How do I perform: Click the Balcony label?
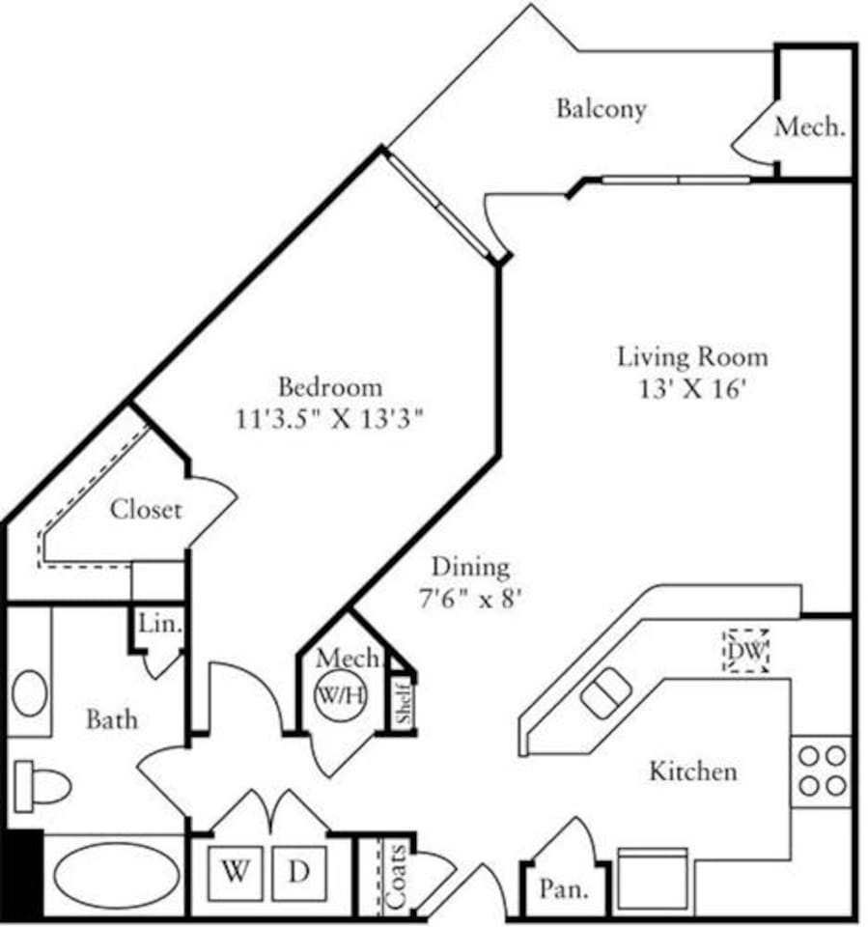600,108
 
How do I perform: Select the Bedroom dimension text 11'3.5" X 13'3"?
329,420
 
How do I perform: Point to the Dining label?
470,567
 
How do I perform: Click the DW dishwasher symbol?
746,652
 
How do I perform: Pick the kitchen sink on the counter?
606,693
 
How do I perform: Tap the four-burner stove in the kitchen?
823,771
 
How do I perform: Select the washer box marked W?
235,873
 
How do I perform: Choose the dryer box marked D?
299,873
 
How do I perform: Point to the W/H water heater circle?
341,694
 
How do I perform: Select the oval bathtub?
115,874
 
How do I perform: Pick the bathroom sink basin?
29,693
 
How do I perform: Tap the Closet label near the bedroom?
146,509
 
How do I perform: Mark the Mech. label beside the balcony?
810,126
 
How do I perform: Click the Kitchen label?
692,772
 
